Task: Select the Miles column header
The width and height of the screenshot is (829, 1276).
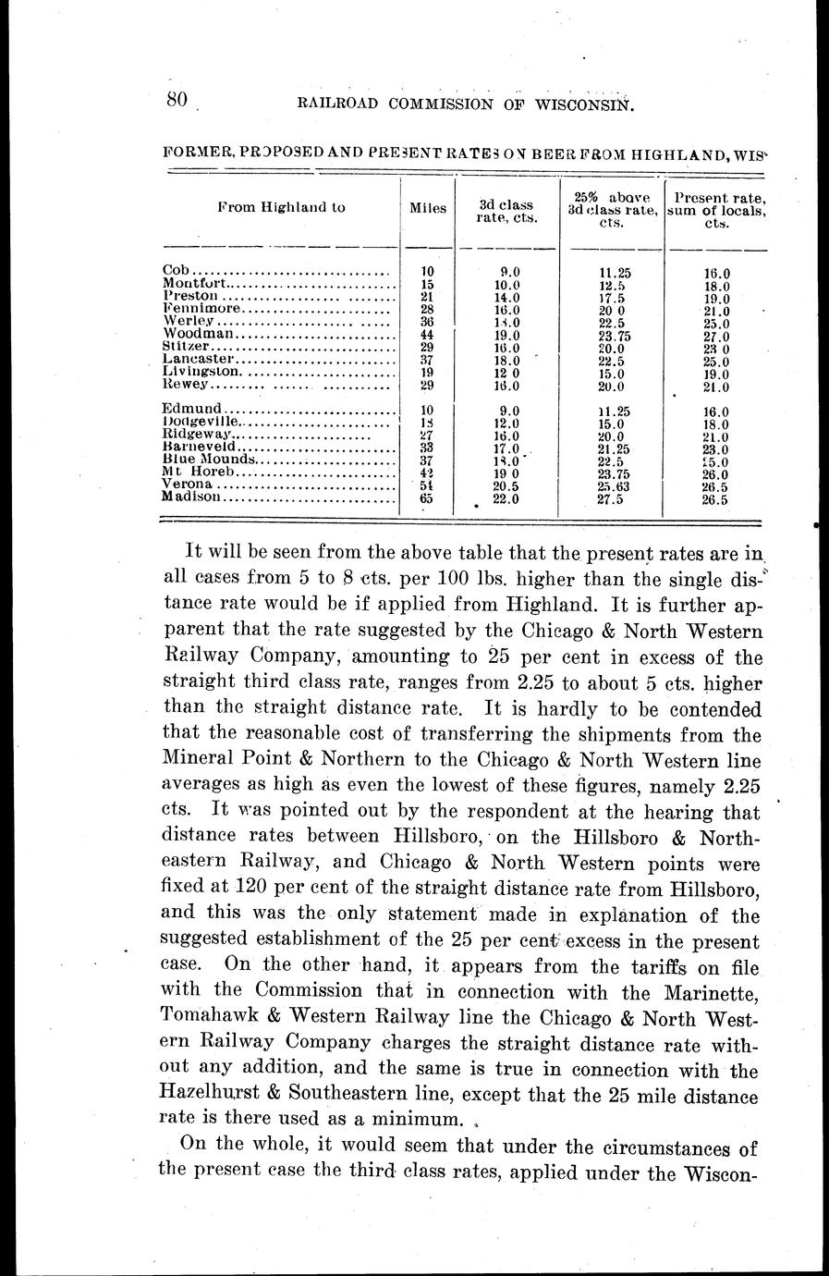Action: (427, 208)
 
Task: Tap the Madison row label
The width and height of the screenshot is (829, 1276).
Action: (191, 497)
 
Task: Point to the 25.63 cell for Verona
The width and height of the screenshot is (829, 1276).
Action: (611, 485)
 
